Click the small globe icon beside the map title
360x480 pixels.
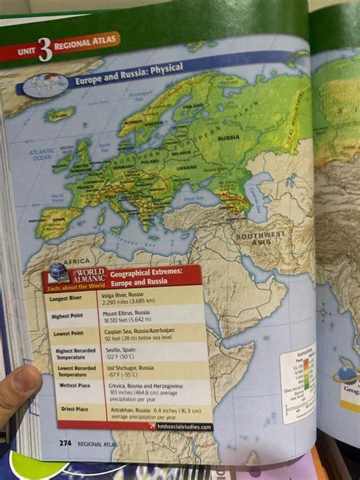click(48, 83)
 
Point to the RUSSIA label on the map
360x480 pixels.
click(229, 138)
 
